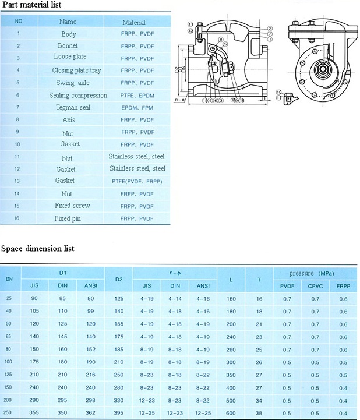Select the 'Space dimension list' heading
coord(38,249)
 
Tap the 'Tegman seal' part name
coord(72,107)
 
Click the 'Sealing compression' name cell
coord(78,95)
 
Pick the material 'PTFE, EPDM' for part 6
coord(137,96)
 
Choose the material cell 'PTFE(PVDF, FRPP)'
coord(137,181)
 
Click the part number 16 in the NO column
coord(18,218)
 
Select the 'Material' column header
coord(134,22)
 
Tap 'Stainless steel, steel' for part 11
coord(137,157)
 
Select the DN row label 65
coord(9,337)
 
